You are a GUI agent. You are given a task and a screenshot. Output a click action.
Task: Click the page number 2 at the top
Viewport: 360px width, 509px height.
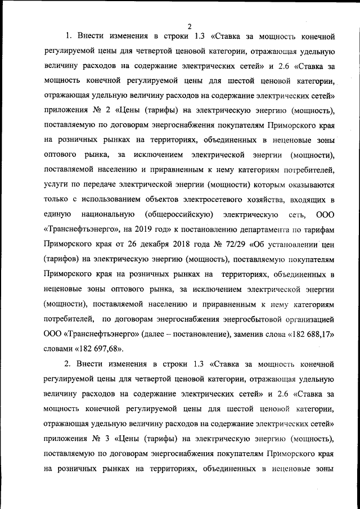[190, 26]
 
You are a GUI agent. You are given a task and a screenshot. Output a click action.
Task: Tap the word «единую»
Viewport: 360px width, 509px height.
[56, 215]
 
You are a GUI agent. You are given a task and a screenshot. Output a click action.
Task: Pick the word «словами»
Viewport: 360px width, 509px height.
[58, 348]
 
